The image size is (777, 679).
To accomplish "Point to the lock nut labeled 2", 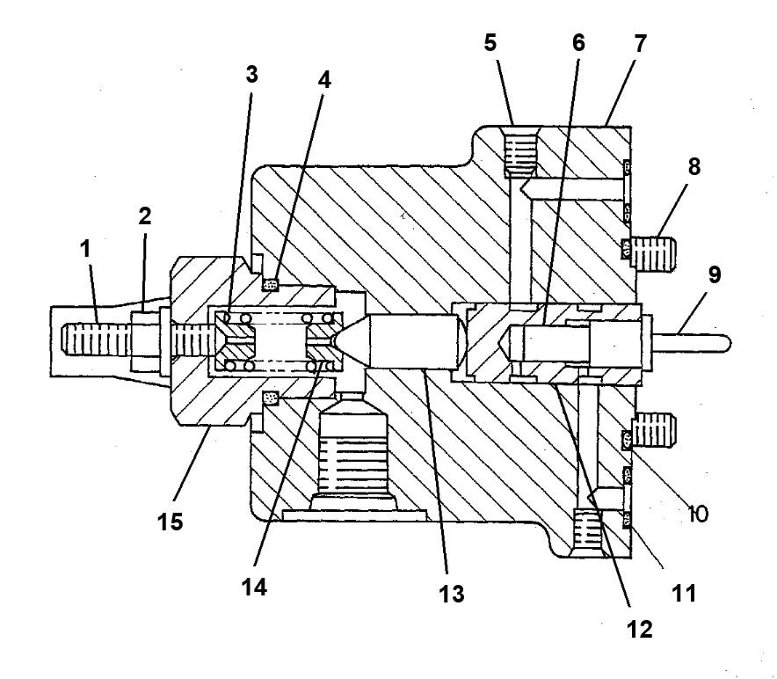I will pyautogui.click(x=142, y=338).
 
